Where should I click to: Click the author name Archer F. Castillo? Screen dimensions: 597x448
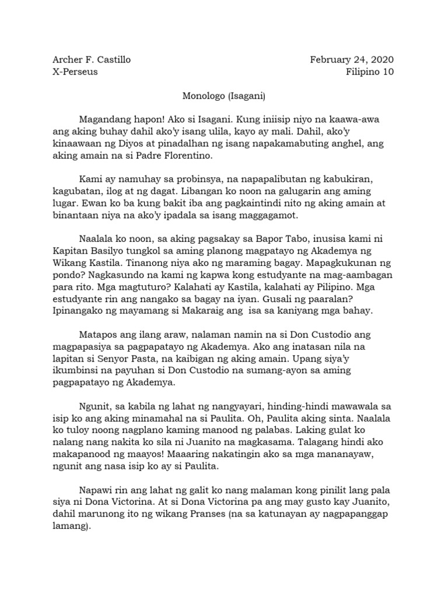coord(92,59)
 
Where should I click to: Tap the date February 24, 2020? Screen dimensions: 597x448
coord(352,59)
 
